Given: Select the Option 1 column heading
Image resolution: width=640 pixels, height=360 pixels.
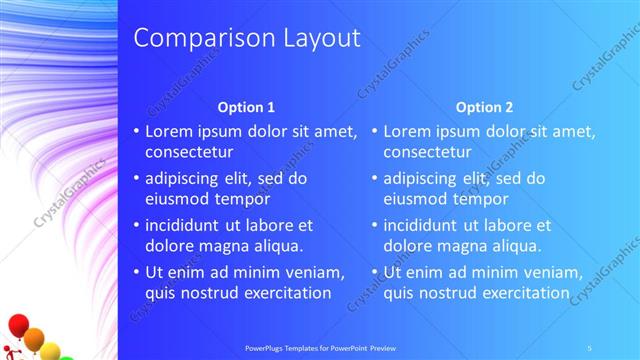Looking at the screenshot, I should tap(246, 107).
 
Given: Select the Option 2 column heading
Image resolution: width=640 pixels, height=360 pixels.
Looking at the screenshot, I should tap(484, 107).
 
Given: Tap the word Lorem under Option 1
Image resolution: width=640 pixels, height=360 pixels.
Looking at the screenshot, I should tap(169, 131).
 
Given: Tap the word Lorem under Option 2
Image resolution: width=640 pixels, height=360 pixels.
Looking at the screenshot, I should tap(407, 131).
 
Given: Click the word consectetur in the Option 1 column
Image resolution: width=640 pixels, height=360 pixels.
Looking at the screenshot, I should tap(190, 153).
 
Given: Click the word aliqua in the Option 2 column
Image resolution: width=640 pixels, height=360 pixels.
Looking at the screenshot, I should tap(516, 246).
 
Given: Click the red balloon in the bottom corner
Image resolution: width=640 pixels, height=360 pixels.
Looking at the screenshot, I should tap(17, 325).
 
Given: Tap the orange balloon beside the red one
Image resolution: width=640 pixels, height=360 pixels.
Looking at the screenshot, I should tap(35, 338).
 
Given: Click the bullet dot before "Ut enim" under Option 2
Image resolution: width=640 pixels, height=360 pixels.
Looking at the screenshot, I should tap(373, 272).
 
